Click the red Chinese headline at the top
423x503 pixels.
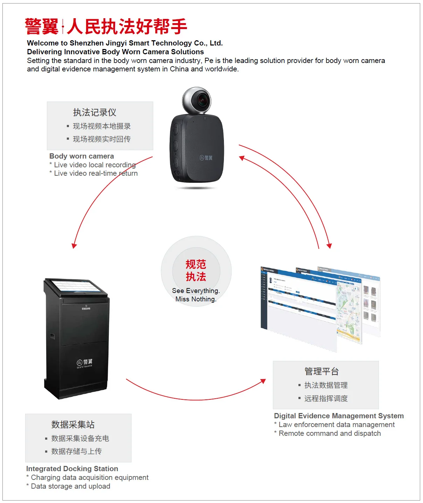(x=106, y=27)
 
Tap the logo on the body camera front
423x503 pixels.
(x=206, y=158)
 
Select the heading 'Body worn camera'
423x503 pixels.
(x=82, y=156)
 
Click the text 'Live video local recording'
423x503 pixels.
(x=94, y=165)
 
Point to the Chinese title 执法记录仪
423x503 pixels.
(x=94, y=112)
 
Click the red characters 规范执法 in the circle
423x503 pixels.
(x=196, y=270)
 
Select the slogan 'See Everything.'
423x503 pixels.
(x=196, y=291)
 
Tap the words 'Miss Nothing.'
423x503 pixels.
(x=196, y=299)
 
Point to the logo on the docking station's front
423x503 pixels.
(x=85, y=363)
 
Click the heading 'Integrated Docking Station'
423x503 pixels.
(x=72, y=469)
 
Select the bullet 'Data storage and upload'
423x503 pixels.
(x=70, y=486)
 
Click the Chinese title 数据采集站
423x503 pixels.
(x=73, y=425)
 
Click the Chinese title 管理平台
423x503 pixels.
(x=322, y=371)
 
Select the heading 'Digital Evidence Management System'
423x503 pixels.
(x=339, y=416)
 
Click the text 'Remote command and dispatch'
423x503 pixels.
(x=330, y=433)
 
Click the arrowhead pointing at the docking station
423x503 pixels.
(x=74, y=246)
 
